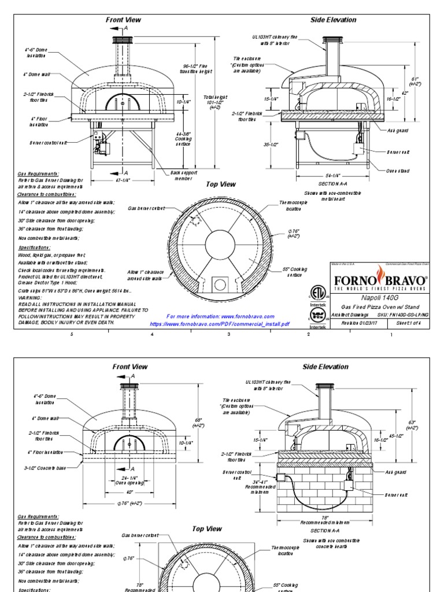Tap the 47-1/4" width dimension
click(x=123, y=180)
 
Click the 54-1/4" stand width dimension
click(x=332, y=175)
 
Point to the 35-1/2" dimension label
click(x=271, y=145)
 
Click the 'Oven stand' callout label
click(x=398, y=171)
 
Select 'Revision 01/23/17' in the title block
click(x=354, y=324)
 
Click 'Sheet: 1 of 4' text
click(x=408, y=324)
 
